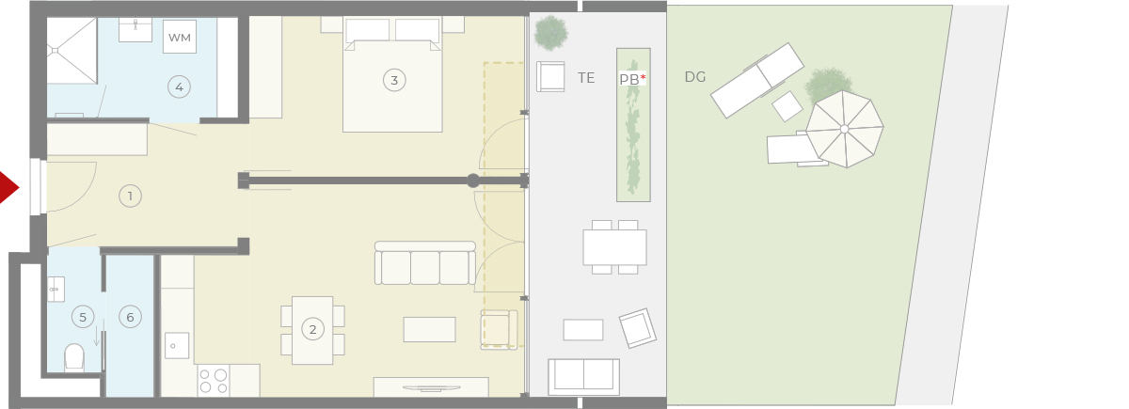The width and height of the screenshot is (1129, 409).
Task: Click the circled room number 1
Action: coord(130,196)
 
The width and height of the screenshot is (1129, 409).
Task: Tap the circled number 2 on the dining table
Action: coord(312,329)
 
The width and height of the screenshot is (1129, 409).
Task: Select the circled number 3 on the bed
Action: coord(394,80)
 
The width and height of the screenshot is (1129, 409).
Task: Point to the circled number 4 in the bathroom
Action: coord(179,87)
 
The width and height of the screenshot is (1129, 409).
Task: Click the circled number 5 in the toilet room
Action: coord(83,317)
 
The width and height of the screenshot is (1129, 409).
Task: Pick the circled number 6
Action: coord(130,317)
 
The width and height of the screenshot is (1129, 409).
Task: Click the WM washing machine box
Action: coord(180,37)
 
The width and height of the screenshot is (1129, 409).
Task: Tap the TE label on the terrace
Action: coord(586,77)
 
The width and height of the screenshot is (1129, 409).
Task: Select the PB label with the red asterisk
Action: coord(632,79)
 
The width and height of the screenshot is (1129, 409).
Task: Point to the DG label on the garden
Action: coord(695,76)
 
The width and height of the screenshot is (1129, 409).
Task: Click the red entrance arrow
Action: coord(8,188)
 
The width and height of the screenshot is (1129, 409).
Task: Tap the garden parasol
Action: coord(845,129)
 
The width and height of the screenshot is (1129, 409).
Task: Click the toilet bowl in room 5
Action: coord(74,357)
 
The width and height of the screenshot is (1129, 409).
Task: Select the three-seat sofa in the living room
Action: coord(425,263)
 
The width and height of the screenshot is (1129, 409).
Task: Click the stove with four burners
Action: coord(213,382)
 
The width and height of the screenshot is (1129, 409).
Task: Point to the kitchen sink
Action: coord(177,346)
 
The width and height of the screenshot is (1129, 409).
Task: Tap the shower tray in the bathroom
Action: coord(72,51)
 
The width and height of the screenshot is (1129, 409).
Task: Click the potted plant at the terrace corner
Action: coord(551,33)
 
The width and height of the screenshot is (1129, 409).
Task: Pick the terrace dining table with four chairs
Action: coord(615,247)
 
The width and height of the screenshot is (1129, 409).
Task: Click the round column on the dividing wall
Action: coord(472,181)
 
